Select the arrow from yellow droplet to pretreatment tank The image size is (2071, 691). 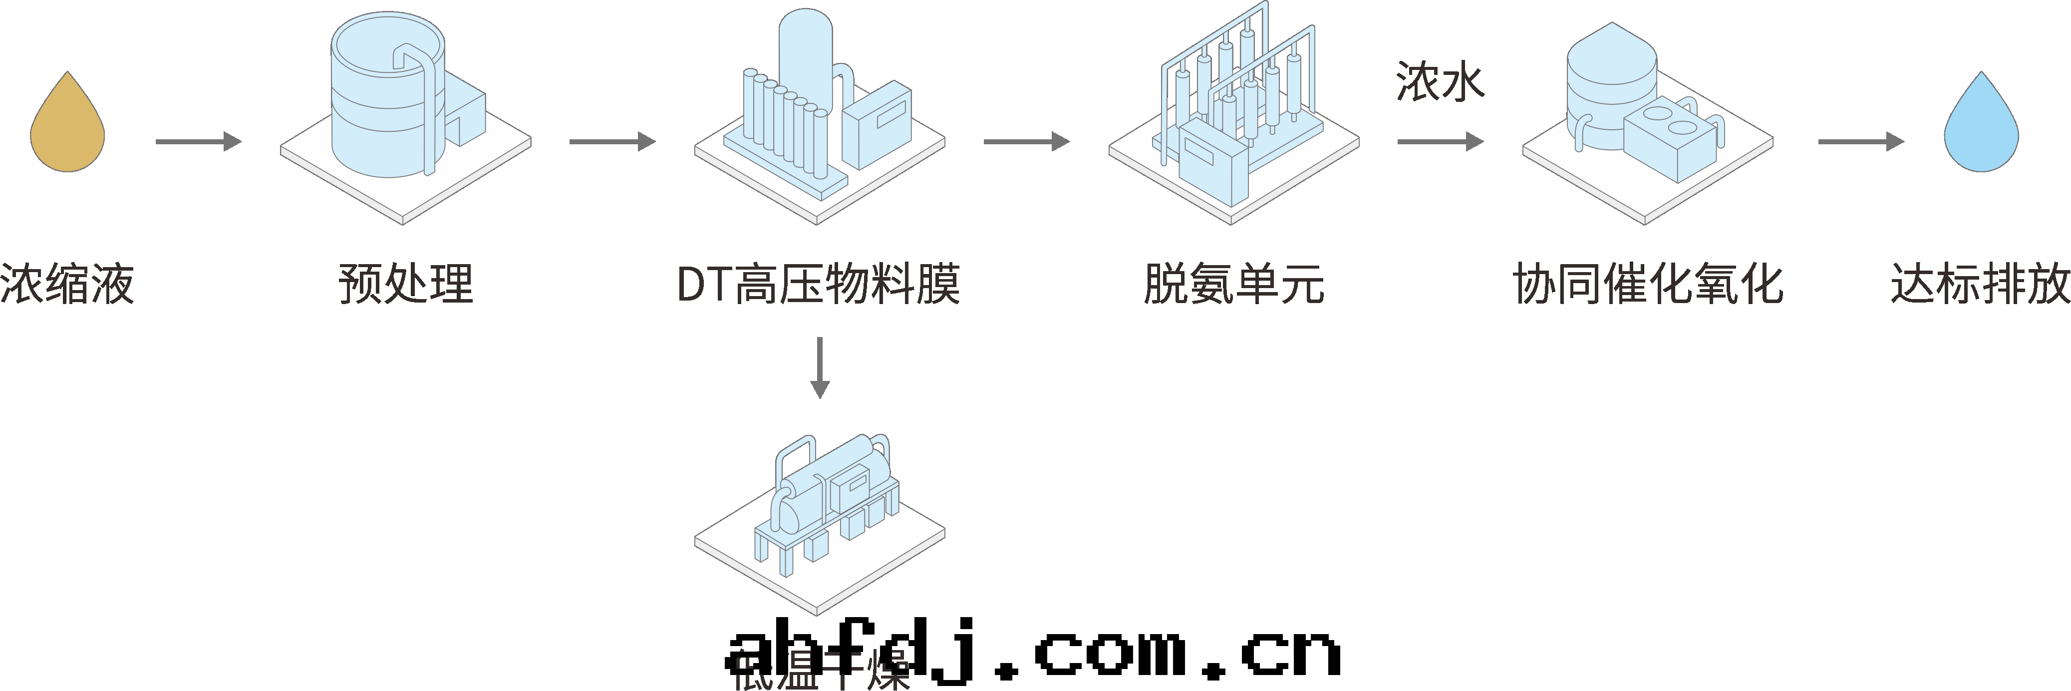(x=198, y=142)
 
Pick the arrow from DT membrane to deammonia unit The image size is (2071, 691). (x=1026, y=142)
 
